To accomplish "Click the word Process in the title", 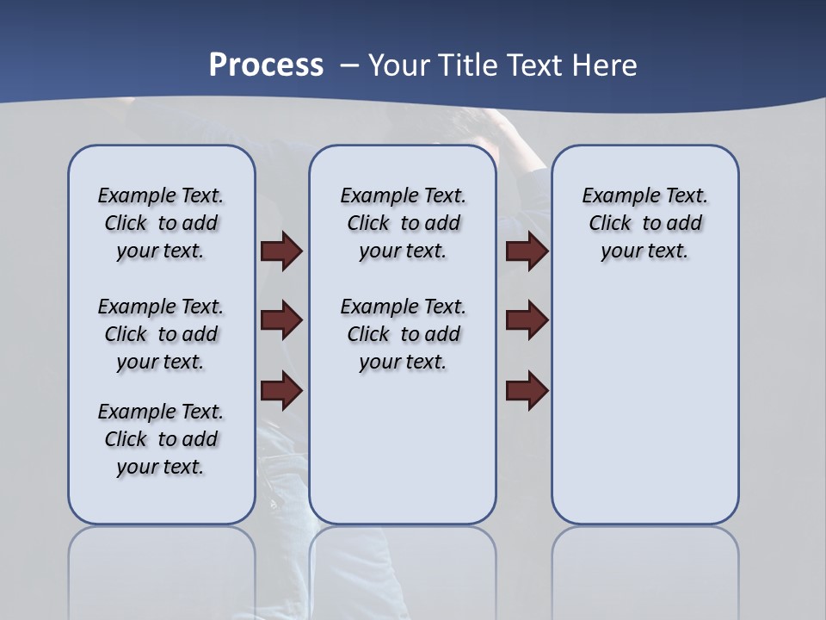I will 266,65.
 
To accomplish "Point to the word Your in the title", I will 400,65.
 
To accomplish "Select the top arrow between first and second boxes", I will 281,251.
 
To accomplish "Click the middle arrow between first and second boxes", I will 281,320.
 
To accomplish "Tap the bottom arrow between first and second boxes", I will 281,390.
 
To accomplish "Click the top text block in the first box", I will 161,223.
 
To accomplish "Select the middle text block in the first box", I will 161,334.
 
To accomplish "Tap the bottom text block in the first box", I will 161,439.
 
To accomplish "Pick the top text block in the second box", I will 403,223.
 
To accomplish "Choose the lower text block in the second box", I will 403,334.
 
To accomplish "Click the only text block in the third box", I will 644,223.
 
